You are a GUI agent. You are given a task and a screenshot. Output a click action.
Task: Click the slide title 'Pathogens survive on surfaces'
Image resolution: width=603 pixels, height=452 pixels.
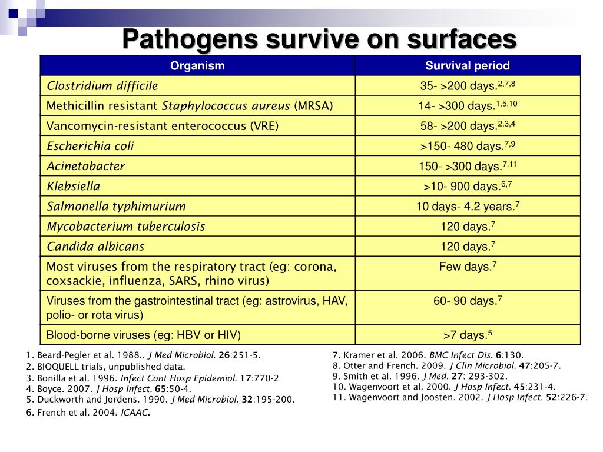pyautogui.click(x=319, y=39)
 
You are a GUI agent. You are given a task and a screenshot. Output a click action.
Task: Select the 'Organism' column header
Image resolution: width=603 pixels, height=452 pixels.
pyautogui.click(x=197, y=66)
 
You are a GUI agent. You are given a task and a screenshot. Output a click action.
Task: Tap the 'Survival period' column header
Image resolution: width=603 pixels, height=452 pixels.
pyautogui.click(x=468, y=66)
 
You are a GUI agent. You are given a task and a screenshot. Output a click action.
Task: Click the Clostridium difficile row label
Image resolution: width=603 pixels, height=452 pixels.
pyautogui.click(x=102, y=86)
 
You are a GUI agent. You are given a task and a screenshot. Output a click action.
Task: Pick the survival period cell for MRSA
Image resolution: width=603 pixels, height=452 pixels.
pyautogui.click(x=468, y=106)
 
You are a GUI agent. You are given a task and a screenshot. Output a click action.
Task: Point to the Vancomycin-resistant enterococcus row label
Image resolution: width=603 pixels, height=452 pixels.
pyautogui.click(x=163, y=126)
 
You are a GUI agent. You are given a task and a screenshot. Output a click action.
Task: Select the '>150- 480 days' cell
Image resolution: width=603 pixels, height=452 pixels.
pyautogui.click(x=468, y=146)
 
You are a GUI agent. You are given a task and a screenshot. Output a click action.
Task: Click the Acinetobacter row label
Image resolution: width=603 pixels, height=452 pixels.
pyautogui.click(x=86, y=166)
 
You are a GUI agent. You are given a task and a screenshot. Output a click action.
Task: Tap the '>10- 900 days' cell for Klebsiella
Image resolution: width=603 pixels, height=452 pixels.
pyautogui.click(x=468, y=186)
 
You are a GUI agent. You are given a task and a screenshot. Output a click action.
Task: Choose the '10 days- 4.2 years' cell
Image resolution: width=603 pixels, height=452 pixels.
pyautogui.click(x=468, y=206)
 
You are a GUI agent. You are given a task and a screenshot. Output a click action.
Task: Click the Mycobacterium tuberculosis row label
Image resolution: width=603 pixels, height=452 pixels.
pyautogui.click(x=126, y=226)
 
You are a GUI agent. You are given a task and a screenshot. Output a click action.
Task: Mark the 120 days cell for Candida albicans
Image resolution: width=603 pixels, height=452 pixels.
pyautogui.click(x=468, y=246)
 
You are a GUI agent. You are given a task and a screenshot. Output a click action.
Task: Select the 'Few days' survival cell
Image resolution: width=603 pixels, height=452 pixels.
pyautogui.click(x=468, y=267)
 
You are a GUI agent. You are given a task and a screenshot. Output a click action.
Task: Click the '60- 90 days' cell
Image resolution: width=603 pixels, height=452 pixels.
pyautogui.click(x=468, y=301)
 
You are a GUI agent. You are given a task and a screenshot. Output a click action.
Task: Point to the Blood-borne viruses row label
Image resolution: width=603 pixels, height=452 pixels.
pyautogui.click(x=144, y=335)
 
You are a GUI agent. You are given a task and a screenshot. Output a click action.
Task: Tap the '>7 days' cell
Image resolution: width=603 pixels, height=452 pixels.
pyautogui.click(x=468, y=335)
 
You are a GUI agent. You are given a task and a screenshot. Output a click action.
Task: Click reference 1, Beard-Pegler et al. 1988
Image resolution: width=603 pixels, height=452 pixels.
pyautogui.click(x=143, y=355)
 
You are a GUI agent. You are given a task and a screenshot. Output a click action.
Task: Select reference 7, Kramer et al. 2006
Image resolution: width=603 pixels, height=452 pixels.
pyautogui.click(x=428, y=355)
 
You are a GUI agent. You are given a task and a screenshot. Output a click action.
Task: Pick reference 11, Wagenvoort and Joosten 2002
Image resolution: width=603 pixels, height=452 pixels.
pyautogui.click(x=460, y=397)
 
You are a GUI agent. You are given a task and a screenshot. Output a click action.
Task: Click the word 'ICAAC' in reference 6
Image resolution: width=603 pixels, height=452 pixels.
pyautogui.click(x=135, y=413)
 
